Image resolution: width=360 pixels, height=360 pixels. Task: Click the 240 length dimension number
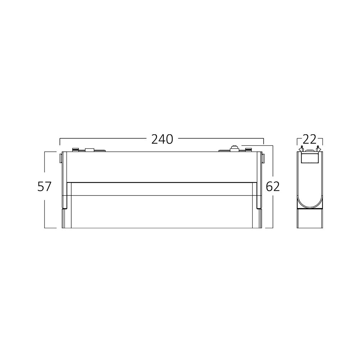pos(162,139)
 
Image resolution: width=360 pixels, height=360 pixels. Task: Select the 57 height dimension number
pos(45,186)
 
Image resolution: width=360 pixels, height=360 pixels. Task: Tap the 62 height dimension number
pos(273,186)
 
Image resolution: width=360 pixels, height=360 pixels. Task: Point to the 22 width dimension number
pos(310,139)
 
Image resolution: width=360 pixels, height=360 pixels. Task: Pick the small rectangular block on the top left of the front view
pos(89,149)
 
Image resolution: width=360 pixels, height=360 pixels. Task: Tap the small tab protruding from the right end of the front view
pos(264,158)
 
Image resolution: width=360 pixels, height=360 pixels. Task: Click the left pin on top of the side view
pos(301,148)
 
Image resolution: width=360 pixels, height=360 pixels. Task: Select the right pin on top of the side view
pos(318,148)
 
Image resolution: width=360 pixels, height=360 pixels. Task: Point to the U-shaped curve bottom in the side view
pos(310,205)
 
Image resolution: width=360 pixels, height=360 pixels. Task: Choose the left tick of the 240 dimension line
pos(60,141)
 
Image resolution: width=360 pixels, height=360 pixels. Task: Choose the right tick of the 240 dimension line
pos(264,141)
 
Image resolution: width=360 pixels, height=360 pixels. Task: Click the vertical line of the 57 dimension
pos(45,209)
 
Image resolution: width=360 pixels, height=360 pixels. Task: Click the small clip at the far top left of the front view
pos(75,149)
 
